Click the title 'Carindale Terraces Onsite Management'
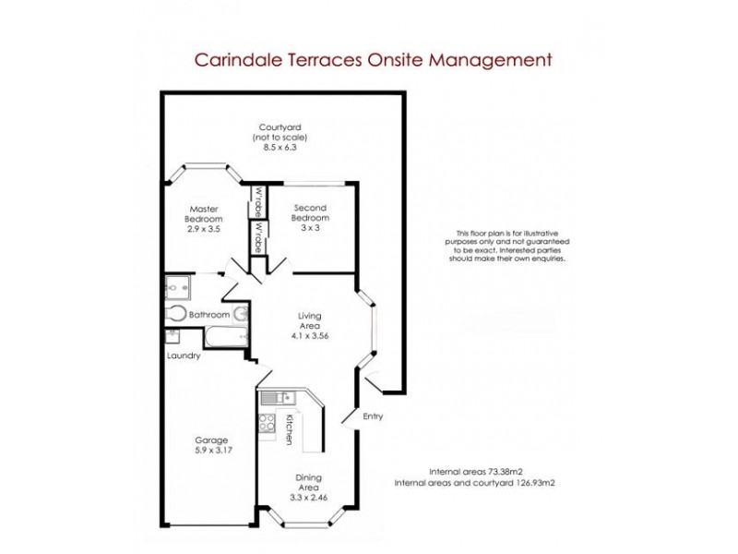(373, 60)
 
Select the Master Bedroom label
(204, 217)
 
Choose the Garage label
(211, 445)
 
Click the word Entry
(373, 416)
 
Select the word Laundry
(184, 356)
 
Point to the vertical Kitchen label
(289, 430)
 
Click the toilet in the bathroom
(175, 313)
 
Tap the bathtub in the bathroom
(222, 336)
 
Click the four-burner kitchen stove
(268, 423)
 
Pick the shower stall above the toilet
(177, 286)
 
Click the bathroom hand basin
(240, 314)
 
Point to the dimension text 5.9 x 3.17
(211, 452)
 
